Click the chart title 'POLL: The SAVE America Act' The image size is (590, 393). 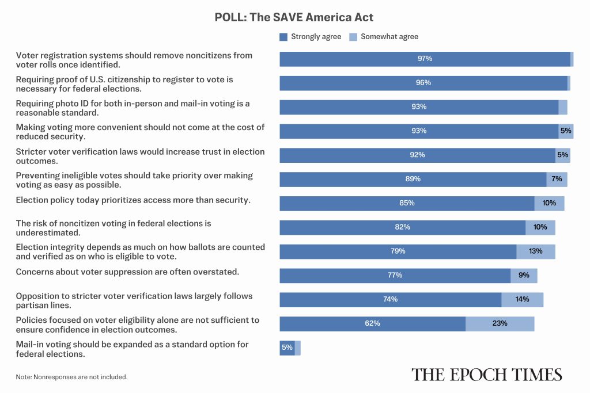(294, 17)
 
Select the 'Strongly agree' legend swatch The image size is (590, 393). (283, 37)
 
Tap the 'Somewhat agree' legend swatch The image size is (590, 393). (353, 37)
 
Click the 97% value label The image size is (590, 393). (425, 59)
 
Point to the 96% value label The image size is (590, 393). (423, 83)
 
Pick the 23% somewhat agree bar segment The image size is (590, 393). (500, 324)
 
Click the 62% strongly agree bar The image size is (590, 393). (373, 324)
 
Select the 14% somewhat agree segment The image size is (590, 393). (522, 300)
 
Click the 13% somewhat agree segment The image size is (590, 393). (536, 251)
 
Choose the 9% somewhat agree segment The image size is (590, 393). (524, 276)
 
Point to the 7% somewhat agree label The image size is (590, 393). (557, 179)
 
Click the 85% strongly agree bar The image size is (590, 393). (407, 204)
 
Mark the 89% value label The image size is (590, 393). (413, 179)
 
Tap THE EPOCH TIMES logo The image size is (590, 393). (486, 375)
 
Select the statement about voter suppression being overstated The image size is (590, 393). (127, 272)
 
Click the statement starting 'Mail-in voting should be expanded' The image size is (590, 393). (132, 349)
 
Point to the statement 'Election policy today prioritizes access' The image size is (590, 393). (133, 200)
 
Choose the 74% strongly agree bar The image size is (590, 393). (390, 300)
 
